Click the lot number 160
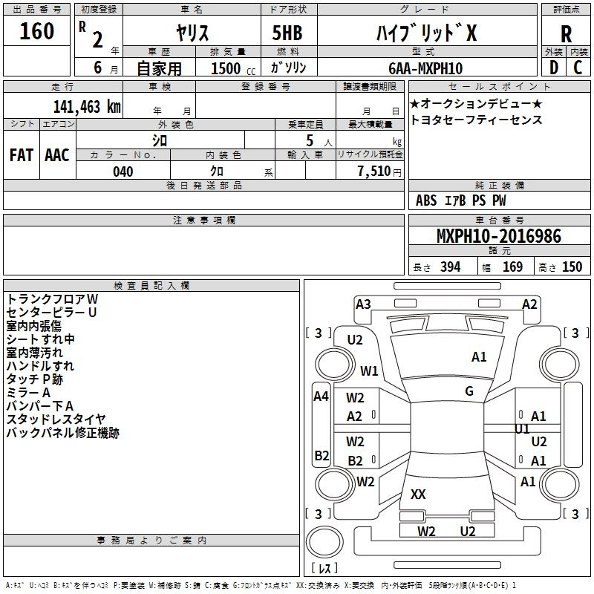coord(36,31)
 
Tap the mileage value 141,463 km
coord(87,107)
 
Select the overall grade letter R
coord(566,34)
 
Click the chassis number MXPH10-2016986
coord(499,236)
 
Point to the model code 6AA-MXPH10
coord(425,68)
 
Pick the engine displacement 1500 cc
coord(233,68)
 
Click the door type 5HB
coord(287,33)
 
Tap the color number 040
coord(123,172)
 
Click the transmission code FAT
coord(22,155)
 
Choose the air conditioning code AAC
coord(57,155)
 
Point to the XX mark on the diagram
coord(418,494)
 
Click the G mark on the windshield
coord(469,391)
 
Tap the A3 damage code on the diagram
coord(363,304)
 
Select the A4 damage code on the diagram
coord(321,396)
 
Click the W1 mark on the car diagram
coord(369,371)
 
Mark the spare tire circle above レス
coord(324,542)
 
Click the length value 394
coord(450,267)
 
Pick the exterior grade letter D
coord(554,68)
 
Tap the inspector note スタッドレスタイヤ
coord(56,419)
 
